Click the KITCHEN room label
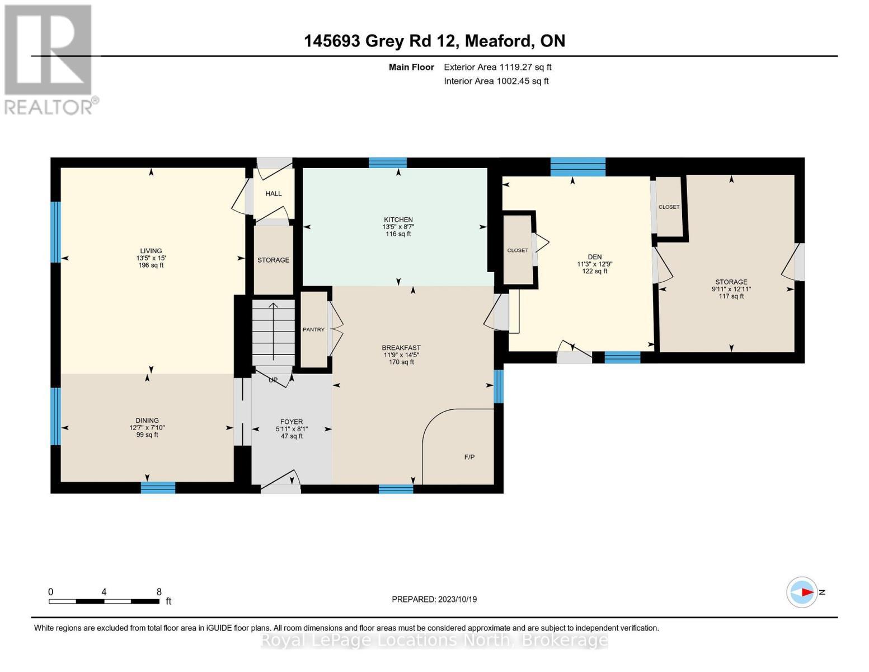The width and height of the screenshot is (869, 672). coord(398,220)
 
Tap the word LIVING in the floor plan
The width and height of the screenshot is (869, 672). coord(151,251)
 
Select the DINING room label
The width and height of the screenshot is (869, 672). coord(147,420)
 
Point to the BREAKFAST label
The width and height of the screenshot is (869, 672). coord(401,348)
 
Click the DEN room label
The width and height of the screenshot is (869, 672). coord(595,257)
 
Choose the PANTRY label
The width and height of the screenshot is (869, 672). coord(313,329)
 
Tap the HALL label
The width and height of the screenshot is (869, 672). coord(274,194)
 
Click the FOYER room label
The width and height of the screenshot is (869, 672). coord(292,422)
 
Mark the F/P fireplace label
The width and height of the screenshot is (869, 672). coord(469,457)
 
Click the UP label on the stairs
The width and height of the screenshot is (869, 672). coord(273,380)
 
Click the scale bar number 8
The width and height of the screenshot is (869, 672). coord(159,591)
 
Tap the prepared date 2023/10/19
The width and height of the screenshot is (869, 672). coord(457,599)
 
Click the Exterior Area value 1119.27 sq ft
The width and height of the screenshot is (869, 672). coord(525,67)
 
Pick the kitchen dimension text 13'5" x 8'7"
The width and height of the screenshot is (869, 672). coord(398,227)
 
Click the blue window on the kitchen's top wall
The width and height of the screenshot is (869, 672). coord(388,163)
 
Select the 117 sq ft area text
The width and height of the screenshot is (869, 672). coord(731,296)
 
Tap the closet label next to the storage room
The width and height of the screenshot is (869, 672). coord(669,207)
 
